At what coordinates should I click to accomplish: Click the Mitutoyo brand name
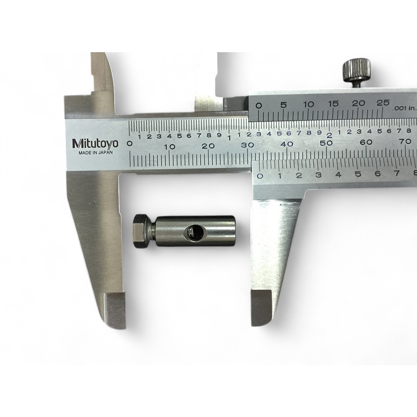coord(95,144)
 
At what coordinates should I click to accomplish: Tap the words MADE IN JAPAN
coord(95,153)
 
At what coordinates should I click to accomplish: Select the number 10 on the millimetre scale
coord(170,147)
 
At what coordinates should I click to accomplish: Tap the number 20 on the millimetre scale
coord(208,146)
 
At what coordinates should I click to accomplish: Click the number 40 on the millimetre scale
coord(287,144)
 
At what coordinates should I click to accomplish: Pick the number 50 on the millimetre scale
coord(326,143)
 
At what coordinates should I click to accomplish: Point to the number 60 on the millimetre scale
coord(366,142)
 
